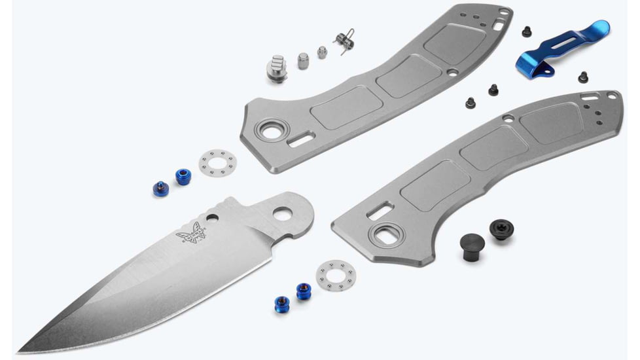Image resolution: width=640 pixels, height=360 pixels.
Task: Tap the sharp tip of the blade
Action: [x=20, y=349]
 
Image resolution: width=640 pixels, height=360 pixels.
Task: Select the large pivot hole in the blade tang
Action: [x=283, y=213]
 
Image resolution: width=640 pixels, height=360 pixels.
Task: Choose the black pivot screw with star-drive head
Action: [x=501, y=229]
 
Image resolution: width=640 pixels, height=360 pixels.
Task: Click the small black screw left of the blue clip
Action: [x=526, y=31]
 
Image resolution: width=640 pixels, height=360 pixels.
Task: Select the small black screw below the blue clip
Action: [x=582, y=77]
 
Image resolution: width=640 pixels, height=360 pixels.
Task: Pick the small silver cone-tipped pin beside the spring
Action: [x=322, y=52]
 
